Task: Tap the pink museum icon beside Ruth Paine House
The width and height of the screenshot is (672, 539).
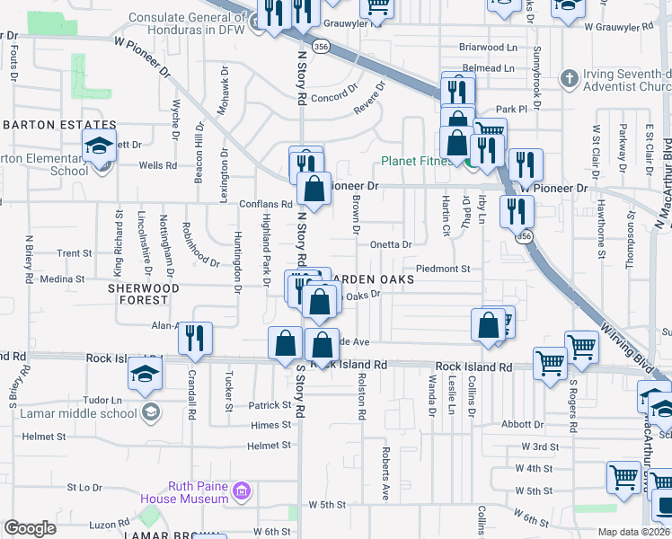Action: [x=240, y=491]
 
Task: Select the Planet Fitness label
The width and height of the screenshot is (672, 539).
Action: [x=418, y=162]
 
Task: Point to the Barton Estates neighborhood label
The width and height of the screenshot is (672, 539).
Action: [x=59, y=125]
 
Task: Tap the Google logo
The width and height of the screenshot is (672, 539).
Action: [x=31, y=527]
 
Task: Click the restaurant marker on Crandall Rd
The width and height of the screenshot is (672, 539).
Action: [x=195, y=339]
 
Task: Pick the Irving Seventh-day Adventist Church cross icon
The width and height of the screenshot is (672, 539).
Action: [x=567, y=79]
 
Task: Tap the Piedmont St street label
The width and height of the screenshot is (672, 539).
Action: [x=443, y=269]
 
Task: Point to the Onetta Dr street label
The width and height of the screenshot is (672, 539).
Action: [x=391, y=244]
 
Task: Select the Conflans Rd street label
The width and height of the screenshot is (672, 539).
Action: [x=266, y=204]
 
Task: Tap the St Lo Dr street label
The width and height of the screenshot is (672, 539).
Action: [x=84, y=488]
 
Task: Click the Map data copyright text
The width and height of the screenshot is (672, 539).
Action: [x=634, y=532]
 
